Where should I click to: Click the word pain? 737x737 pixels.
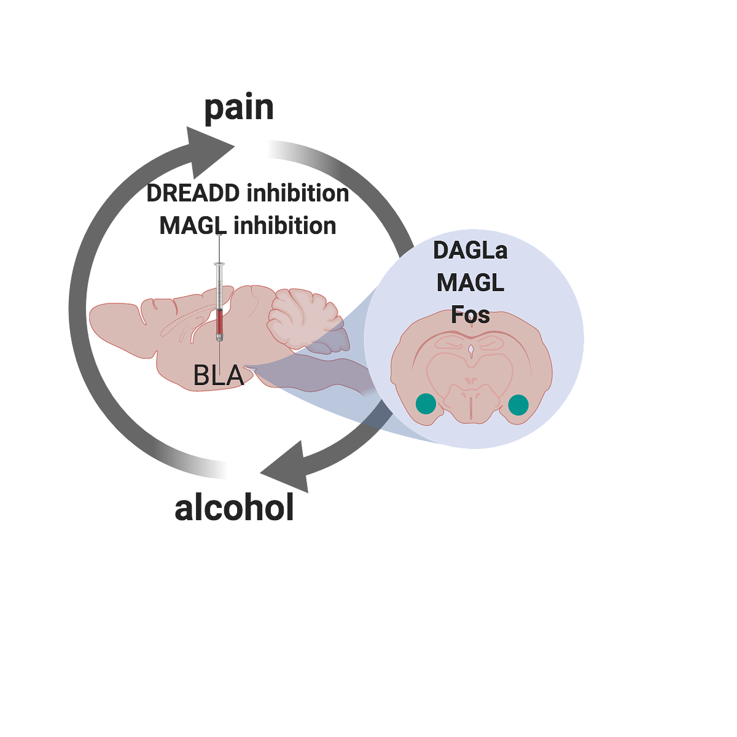(239, 108)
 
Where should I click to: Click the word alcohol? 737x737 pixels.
(234, 507)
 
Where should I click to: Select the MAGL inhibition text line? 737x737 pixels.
(248, 225)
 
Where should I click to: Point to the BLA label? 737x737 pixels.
(219, 376)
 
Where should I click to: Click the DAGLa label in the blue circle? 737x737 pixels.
(470, 250)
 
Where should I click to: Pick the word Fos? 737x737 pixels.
(470, 314)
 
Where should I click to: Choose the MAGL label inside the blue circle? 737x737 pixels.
(470, 283)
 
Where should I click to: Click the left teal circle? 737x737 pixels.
(426, 404)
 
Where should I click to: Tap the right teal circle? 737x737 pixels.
(518, 405)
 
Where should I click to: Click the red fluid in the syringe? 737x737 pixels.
(219, 322)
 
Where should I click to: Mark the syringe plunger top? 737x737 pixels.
(219, 236)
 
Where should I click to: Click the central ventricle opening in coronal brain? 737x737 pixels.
(471, 350)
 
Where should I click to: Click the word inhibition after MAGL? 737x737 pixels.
(285, 225)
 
